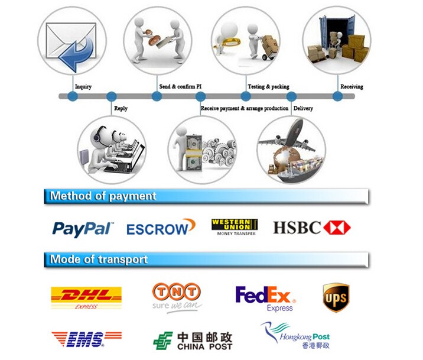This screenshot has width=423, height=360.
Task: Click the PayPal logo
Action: [x=83, y=228]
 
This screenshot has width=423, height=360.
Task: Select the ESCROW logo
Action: [x=160, y=228]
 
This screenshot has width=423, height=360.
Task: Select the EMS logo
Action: [x=86, y=339]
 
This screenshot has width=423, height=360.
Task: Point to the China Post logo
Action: [x=193, y=340]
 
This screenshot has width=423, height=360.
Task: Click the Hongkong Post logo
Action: [x=296, y=335]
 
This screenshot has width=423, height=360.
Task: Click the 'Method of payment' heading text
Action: [x=103, y=196]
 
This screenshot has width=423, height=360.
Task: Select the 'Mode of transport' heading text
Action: [x=99, y=259]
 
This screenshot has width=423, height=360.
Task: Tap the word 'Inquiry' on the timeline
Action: [x=83, y=87]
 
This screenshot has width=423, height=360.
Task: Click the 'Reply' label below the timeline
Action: [x=121, y=108]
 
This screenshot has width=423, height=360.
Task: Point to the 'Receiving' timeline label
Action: [x=352, y=87]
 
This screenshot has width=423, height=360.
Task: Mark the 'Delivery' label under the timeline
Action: [x=303, y=108]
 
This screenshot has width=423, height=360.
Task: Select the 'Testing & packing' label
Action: [x=268, y=87]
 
